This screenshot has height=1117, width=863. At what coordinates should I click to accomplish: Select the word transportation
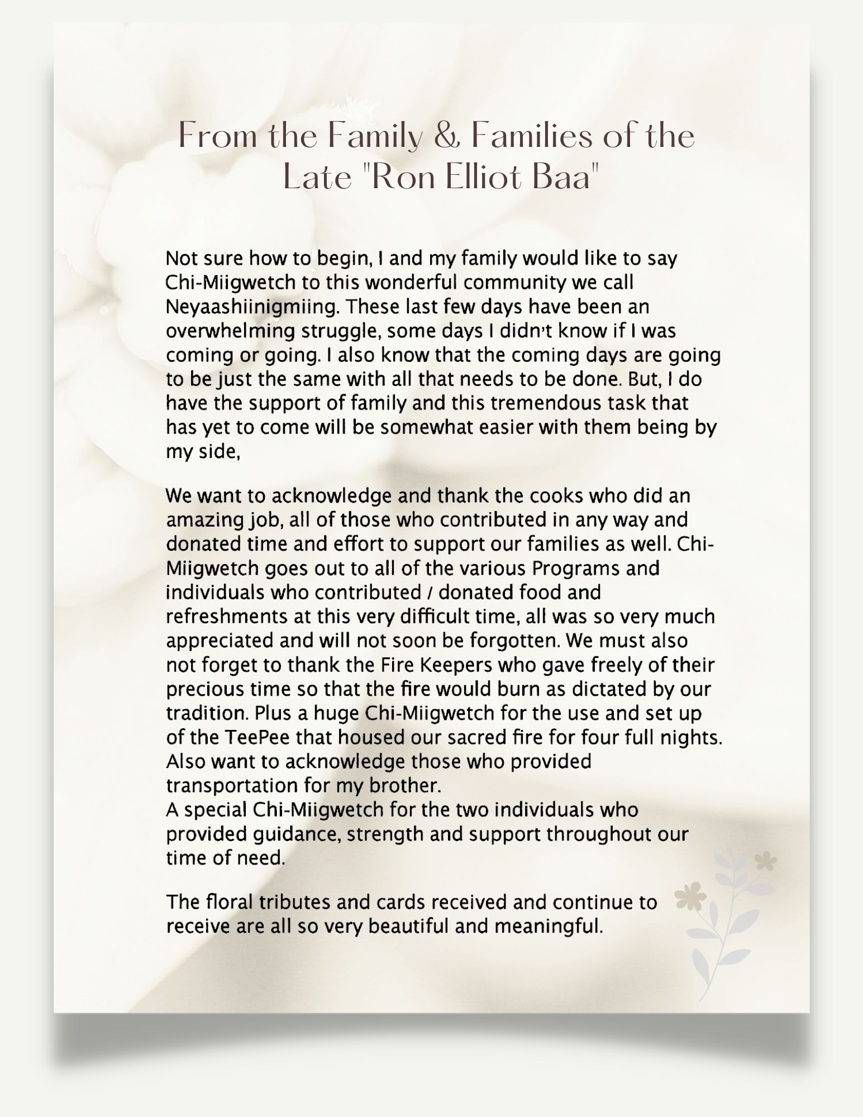click(232, 786)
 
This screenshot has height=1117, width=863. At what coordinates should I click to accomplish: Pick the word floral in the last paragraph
click(231, 902)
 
